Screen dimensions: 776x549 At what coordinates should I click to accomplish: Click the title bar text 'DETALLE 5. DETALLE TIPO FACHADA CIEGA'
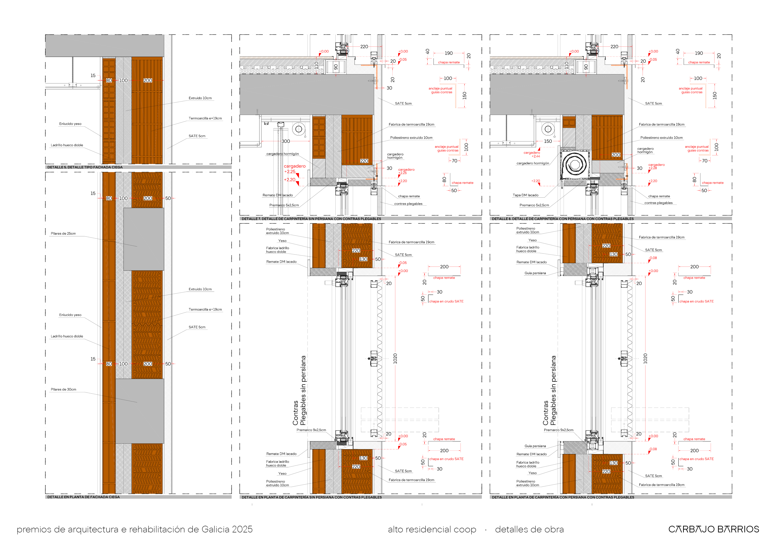[x=85, y=167]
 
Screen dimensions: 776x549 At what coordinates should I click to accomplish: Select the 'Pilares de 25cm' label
[x=63, y=233]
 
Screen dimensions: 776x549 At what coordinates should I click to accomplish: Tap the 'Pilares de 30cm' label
[x=63, y=389]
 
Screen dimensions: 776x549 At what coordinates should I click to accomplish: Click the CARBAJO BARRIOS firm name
[x=713, y=529]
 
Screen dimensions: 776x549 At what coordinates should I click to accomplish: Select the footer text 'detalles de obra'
[x=529, y=529]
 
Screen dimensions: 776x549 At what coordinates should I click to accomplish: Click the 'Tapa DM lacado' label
[x=526, y=195]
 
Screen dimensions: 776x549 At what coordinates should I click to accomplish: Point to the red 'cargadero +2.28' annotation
[x=656, y=166]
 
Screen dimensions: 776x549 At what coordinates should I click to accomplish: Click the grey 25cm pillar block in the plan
[x=144, y=239]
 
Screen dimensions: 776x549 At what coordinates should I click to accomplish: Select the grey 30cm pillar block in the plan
[x=140, y=411]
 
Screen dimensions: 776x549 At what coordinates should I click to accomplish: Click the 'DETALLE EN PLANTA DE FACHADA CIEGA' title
[x=83, y=497]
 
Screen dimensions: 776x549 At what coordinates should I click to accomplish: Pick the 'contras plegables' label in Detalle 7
[x=408, y=204]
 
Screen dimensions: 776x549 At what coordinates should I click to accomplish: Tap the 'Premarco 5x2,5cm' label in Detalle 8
[x=534, y=205]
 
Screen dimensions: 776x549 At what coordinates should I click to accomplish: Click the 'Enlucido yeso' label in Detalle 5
[x=70, y=124]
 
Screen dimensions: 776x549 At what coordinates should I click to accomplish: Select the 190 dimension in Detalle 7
[x=448, y=53]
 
